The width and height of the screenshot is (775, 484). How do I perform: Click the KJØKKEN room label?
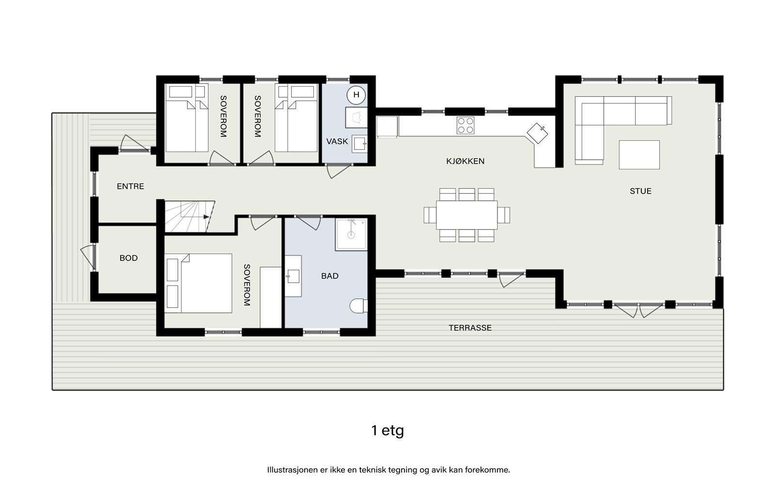(x=465, y=161)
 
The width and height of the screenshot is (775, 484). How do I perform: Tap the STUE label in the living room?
(x=640, y=191)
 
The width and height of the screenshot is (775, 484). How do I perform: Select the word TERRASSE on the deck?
(x=470, y=328)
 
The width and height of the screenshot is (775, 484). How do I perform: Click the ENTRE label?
(x=130, y=186)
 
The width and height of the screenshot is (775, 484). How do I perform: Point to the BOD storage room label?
(x=128, y=258)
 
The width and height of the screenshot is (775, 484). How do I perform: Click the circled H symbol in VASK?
(x=356, y=95)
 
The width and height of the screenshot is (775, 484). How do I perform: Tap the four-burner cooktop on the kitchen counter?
(x=465, y=126)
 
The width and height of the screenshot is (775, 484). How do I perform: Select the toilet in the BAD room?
(x=359, y=306)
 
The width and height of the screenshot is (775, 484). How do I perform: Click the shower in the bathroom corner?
(x=351, y=235)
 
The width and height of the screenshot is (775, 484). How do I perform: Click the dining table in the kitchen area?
(x=466, y=215)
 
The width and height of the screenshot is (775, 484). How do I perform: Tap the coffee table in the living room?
(x=639, y=154)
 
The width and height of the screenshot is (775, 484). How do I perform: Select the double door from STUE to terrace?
(x=638, y=310)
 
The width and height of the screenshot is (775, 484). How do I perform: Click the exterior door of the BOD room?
(x=88, y=257)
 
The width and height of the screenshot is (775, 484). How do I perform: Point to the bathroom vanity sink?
(x=293, y=276)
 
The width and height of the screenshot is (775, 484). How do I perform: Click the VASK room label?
(x=337, y=141)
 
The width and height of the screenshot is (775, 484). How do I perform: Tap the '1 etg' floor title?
(x=387, y=430)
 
